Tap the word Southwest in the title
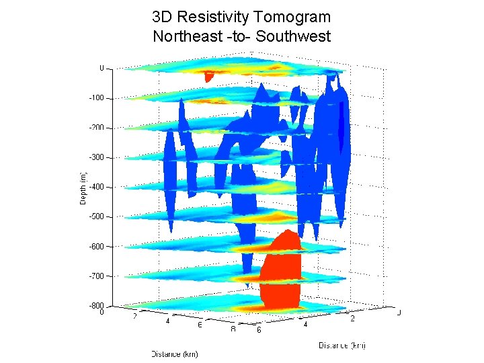pos(295,36)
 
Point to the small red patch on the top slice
pos(209,77)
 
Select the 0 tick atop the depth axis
pos(102,68)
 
